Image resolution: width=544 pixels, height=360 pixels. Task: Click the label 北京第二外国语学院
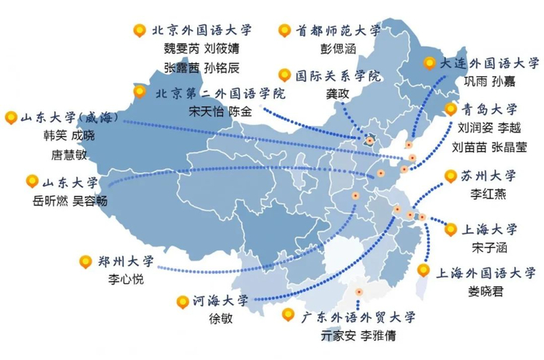click(x=220, y=93)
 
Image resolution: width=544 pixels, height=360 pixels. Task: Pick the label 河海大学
click(x=221, y=300)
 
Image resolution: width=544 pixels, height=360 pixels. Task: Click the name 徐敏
click(x=221, y=317)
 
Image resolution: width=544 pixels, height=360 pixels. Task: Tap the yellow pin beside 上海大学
click(x=450, y=229)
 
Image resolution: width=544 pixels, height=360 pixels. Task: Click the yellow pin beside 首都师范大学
click(x=284, y=31)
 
